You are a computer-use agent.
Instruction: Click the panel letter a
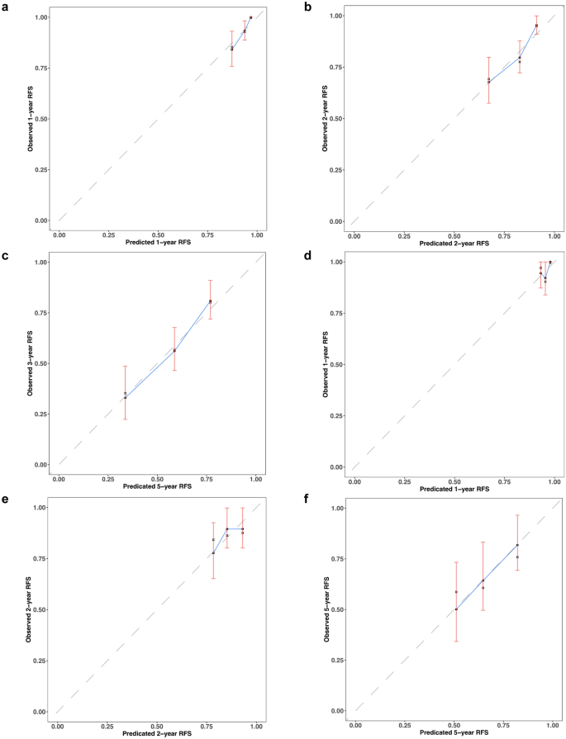tap(7, 7)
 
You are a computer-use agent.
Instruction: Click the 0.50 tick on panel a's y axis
tap(45, 119)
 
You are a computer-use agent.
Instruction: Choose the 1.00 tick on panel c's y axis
tap(44, 262)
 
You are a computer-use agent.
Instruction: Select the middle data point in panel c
tap(174, 351)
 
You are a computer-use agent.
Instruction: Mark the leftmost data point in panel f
tap(456, 609)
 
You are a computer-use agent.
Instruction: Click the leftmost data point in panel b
tap(489, 82)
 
